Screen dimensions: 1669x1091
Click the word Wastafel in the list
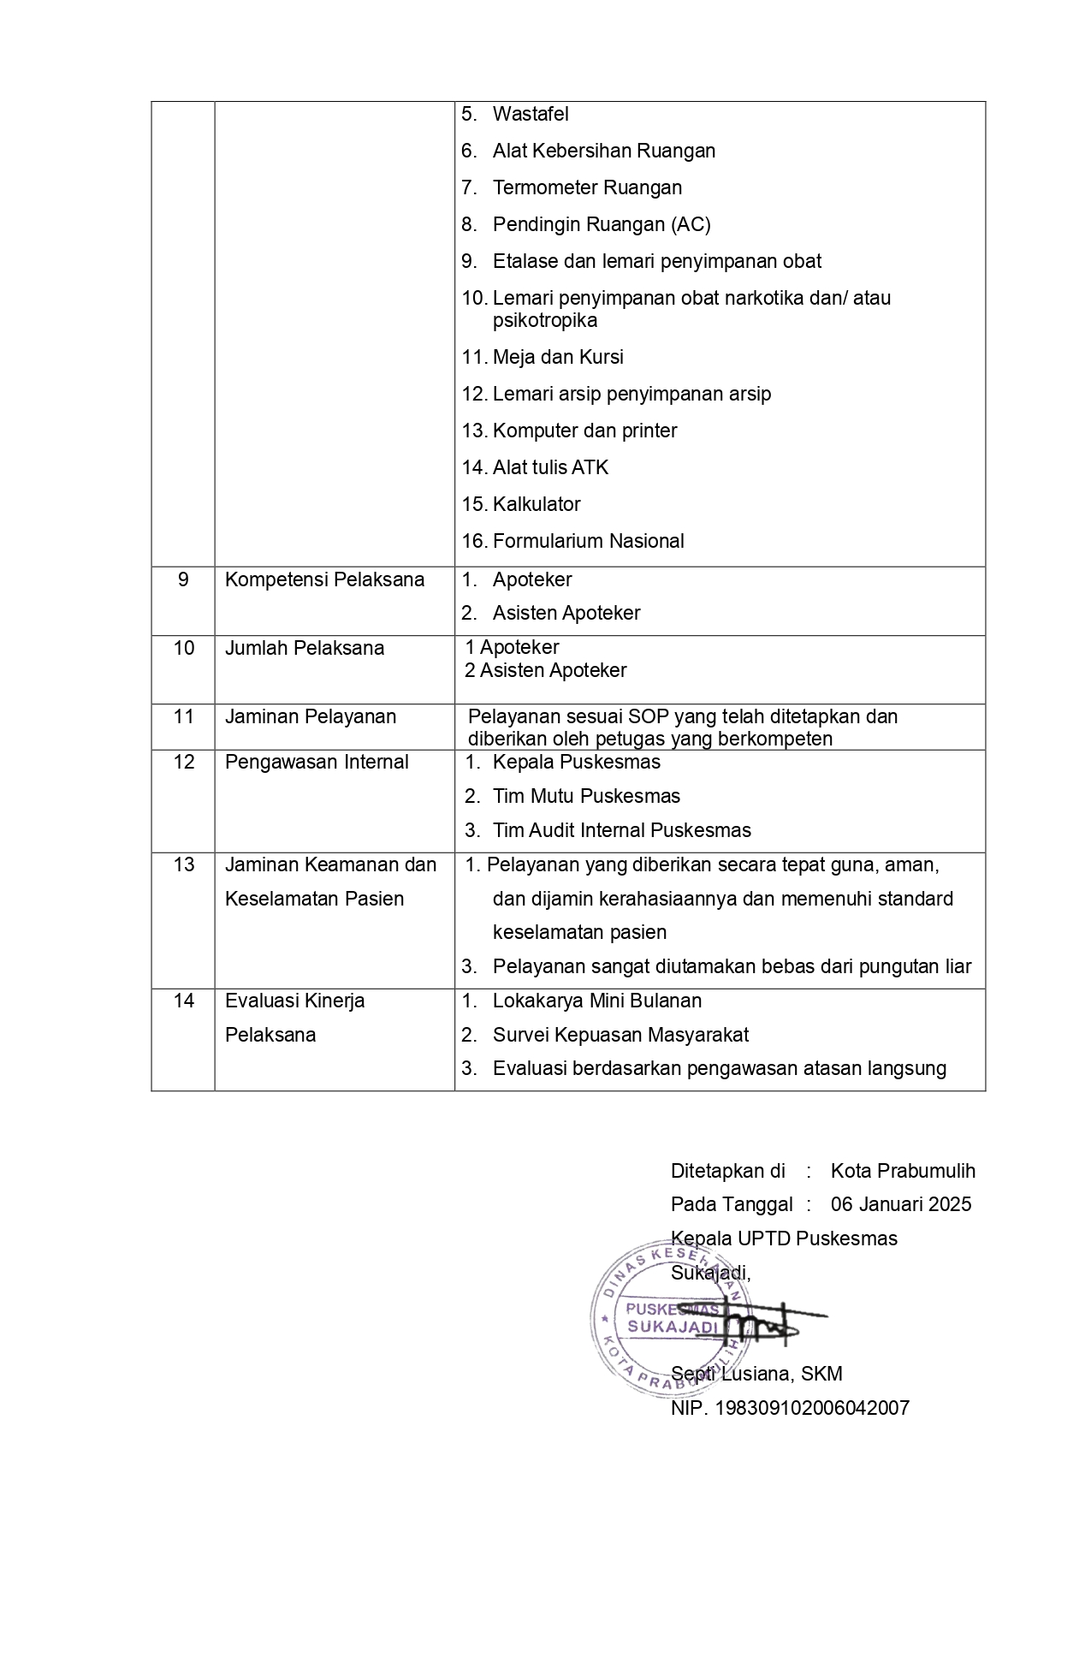pos(531,114)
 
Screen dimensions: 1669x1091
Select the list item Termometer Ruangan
pos(587,187)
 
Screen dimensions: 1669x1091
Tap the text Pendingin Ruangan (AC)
pos(602,224)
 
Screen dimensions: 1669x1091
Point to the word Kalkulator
pos(537,504)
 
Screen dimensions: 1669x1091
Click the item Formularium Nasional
pos(588,541)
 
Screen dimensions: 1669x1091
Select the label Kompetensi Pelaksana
pos(324,579)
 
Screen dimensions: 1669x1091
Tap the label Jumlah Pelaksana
pos(305,648)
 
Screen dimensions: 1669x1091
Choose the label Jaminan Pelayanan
pos(311,716)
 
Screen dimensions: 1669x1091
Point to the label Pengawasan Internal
pos(317,762)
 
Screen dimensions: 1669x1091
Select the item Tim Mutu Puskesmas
pos(586,796)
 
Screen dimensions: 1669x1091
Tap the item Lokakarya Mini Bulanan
pos(597,1001)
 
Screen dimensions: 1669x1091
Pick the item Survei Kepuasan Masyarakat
pos(620,1035)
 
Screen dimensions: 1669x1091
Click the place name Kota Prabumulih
pos(903,1171)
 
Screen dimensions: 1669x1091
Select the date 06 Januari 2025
pos(901,1204)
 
